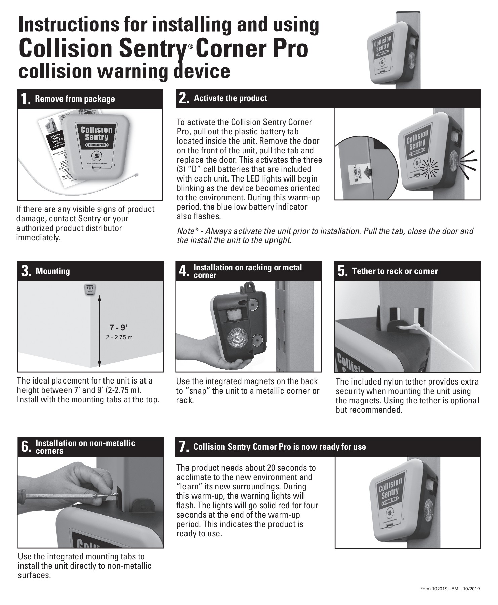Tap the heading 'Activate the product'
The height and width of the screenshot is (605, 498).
click(230, 98)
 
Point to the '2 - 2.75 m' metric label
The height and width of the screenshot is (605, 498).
click(119, 337)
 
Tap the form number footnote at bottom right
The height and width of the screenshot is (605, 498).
click(450, 589)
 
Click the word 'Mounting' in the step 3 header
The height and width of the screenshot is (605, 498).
click(53, 271)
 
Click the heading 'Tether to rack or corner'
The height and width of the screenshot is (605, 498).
click(395, 271)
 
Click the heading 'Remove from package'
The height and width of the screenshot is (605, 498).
click(75, 99)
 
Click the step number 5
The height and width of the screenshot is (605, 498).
click(342, 272)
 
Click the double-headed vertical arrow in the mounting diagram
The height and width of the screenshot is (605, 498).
click(99, 331)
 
